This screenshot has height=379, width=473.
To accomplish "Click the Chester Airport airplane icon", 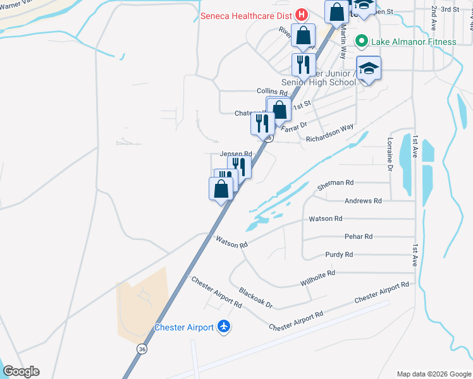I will (223, 327).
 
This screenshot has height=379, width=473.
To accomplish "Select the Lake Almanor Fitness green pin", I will (362, 42).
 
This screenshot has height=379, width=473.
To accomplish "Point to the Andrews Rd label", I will (363, 201).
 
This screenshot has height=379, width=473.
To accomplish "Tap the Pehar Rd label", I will (359, 236).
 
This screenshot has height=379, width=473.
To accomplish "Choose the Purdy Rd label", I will (339, 255).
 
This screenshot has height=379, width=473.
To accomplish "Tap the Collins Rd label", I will (272, 92).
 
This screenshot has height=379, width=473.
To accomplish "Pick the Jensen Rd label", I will (236, 153).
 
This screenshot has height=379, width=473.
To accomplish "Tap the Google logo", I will (21, 371).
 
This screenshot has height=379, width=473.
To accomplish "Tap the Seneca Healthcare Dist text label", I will (245, 16).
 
